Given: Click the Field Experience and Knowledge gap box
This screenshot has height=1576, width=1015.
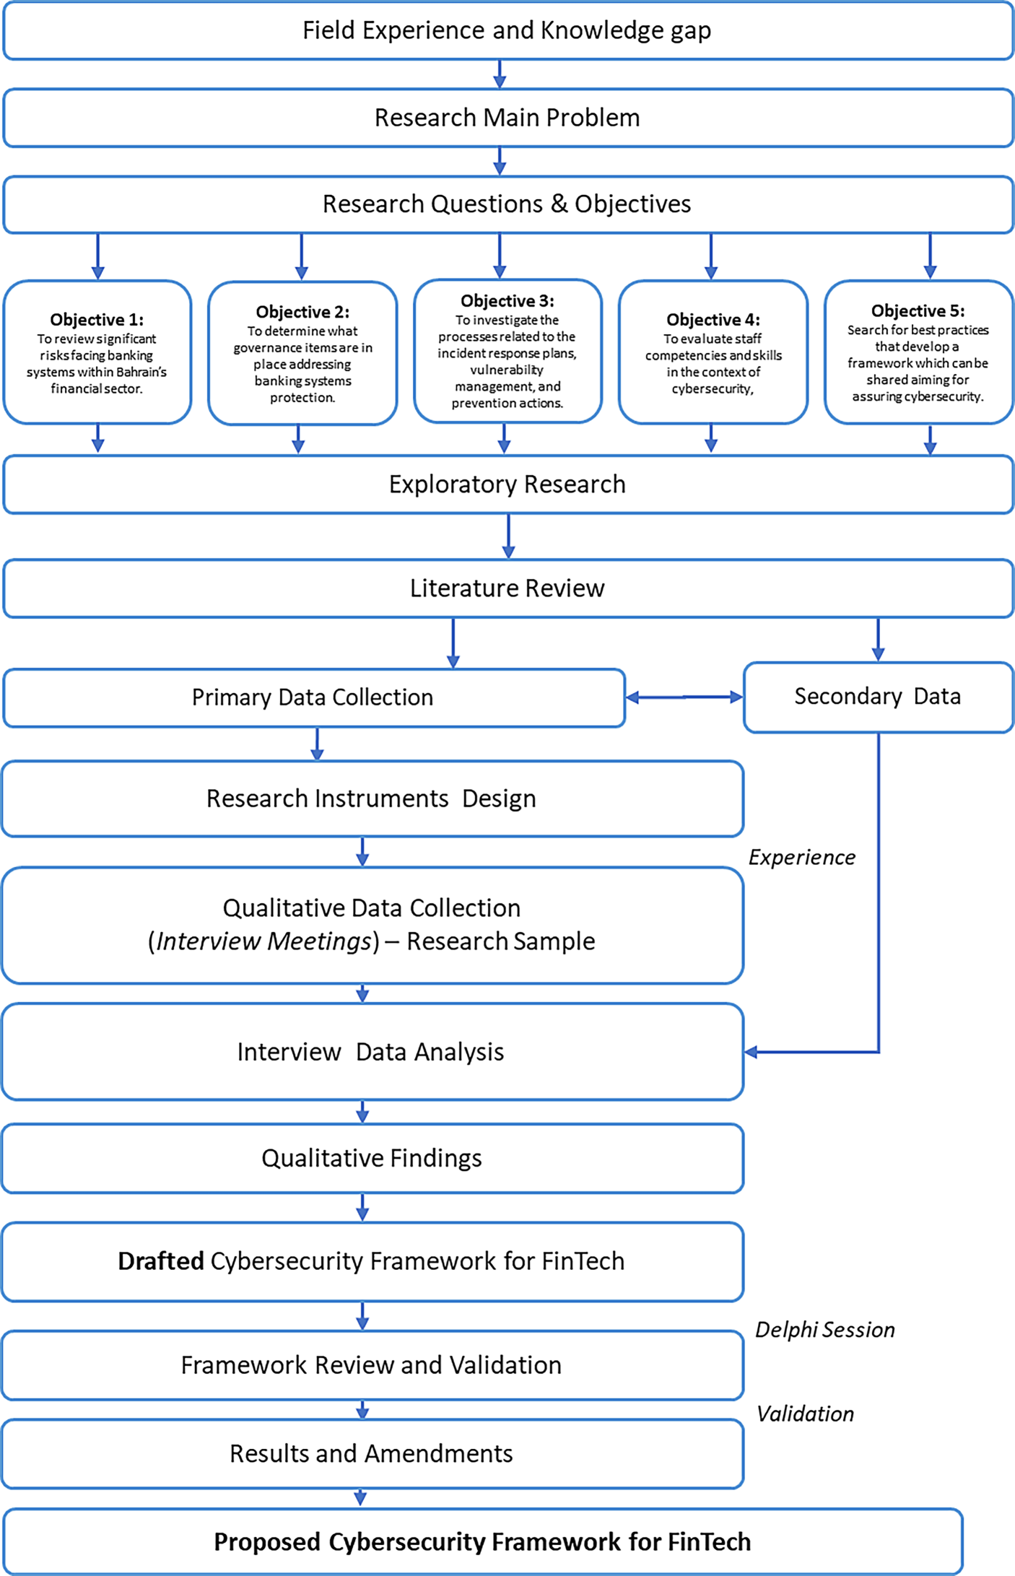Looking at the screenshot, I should pyautogui.click(x=507, y=31).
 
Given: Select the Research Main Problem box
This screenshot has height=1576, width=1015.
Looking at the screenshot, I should pyautogui.click(x=507, y=118).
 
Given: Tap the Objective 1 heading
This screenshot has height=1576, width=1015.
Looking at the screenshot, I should pyautogui.click(x=97, y=319).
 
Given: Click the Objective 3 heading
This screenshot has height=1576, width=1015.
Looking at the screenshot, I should pyautogui.click(x=507, y=300).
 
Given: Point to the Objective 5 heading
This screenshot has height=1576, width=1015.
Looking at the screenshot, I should pyautogui.click(x=918, y=310).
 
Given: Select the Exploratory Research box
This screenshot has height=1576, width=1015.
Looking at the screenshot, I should pyautogui.click(x=507, y=484).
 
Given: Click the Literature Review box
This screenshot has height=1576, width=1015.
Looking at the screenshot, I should pyautogui.click(x=507, y=588).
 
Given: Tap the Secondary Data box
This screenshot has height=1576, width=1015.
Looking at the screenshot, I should pyautogui.click(x=877, y=697).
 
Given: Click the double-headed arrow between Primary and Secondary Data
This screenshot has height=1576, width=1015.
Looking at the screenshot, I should pyautogui.click(x=684, y=697).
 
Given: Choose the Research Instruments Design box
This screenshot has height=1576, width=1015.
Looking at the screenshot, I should pyautogui.click(x=371, y=798).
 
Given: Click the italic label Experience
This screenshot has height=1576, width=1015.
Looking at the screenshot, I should pyautogui.click(x=801, y=857).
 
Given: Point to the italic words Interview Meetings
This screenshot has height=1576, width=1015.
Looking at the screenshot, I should pyautogui.click(x=263, y=941).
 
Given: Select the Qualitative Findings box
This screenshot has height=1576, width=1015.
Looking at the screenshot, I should pyautogui.click(x=371, y=1158).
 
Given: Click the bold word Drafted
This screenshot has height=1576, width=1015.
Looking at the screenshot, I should pyautogui.click(x=161, y=1261).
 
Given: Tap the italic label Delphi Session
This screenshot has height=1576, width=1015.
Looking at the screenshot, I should pyautogui.click(x=824, y=1330).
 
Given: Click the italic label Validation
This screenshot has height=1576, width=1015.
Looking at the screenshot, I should pyautogui.click(x=805, y=1414).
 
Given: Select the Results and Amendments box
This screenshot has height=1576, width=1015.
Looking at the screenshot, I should pyautogui.click(x=371, y=1453).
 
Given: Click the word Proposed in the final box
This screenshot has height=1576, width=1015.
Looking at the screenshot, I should pyautogui.click(x=267, y=1542).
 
